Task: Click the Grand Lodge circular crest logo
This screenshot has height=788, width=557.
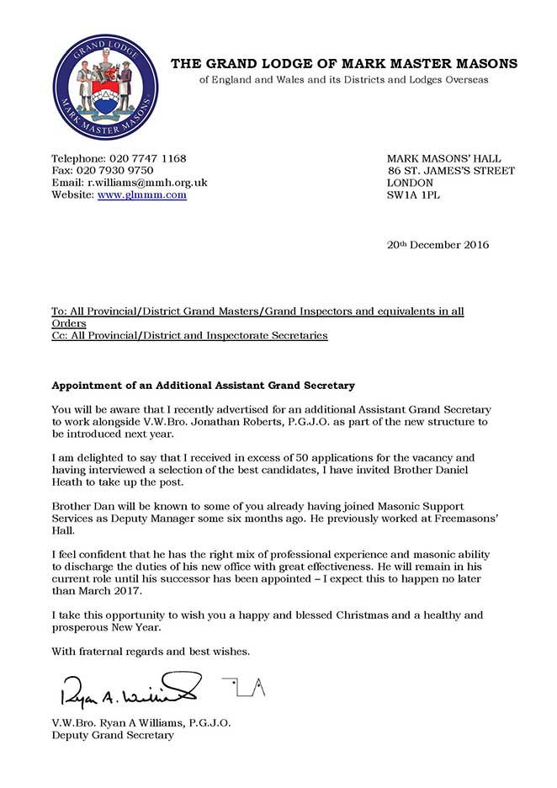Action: (x=104, y=87)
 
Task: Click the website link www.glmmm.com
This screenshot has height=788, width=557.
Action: (x=142, y=194)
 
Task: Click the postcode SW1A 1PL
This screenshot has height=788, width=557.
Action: (x=413, y=194)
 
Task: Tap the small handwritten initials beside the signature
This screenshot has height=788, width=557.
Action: (x=243, y=686)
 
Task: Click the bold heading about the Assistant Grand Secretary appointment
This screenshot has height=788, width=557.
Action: (x=203, y=385)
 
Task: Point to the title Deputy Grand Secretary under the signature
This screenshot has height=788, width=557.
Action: (x=113, y=735)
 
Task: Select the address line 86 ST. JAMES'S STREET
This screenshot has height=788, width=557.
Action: (x=450, y=170)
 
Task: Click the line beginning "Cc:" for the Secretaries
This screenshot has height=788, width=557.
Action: (x=189, y=335)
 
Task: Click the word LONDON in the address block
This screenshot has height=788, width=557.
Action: (x=411, y=183)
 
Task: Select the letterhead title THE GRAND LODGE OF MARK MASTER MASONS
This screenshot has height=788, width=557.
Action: (x=344, y=64)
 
